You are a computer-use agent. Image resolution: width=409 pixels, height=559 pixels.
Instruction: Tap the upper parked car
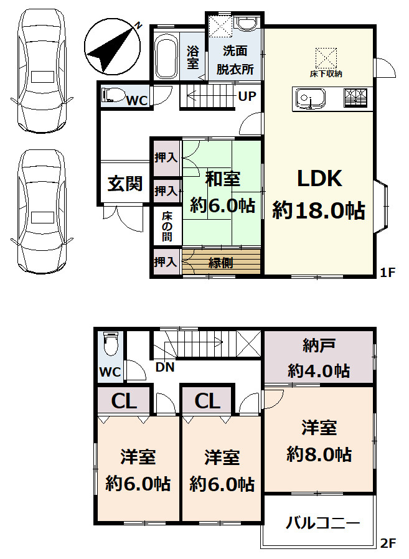pyautogui.click(x=41, y=73)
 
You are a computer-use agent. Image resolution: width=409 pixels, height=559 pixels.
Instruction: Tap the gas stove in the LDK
pyautogui.click(x=355, y=98)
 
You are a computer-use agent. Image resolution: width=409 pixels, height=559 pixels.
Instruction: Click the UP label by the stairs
pyautogui.click(x=246, y=96)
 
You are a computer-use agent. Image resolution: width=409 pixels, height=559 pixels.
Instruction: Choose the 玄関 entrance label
pyautogui.click(x=125, y=184)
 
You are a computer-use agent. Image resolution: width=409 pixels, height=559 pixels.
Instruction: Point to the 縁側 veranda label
pyautogui.click(x=220, y=262)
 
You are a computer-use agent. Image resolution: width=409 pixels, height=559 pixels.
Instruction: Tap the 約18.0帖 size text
pyautogui.click(x=318, y=210)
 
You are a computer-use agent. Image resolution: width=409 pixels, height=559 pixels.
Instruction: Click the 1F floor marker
pyautogui.click(x=388, y=272)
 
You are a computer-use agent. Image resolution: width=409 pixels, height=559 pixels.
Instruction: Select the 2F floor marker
pyautogui.click(x=388, y=543)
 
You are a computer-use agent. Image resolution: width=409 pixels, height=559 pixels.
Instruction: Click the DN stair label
pyautogui.click(x=165, y=367)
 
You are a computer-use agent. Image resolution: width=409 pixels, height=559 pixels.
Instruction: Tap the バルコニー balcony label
pyautogui.click(x=322, y=523)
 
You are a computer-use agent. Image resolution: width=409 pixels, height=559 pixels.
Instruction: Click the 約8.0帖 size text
pyautogui.click(x=319, y=454)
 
